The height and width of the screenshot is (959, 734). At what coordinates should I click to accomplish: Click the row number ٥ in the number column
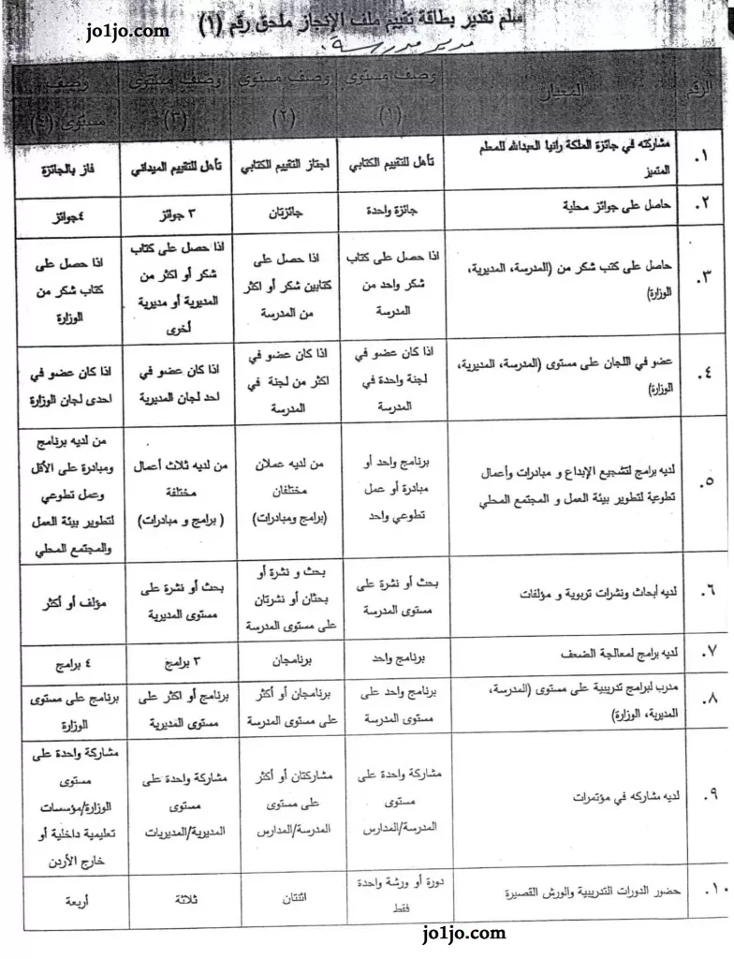707,481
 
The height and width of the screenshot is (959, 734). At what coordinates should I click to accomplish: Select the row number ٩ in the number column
707,796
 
